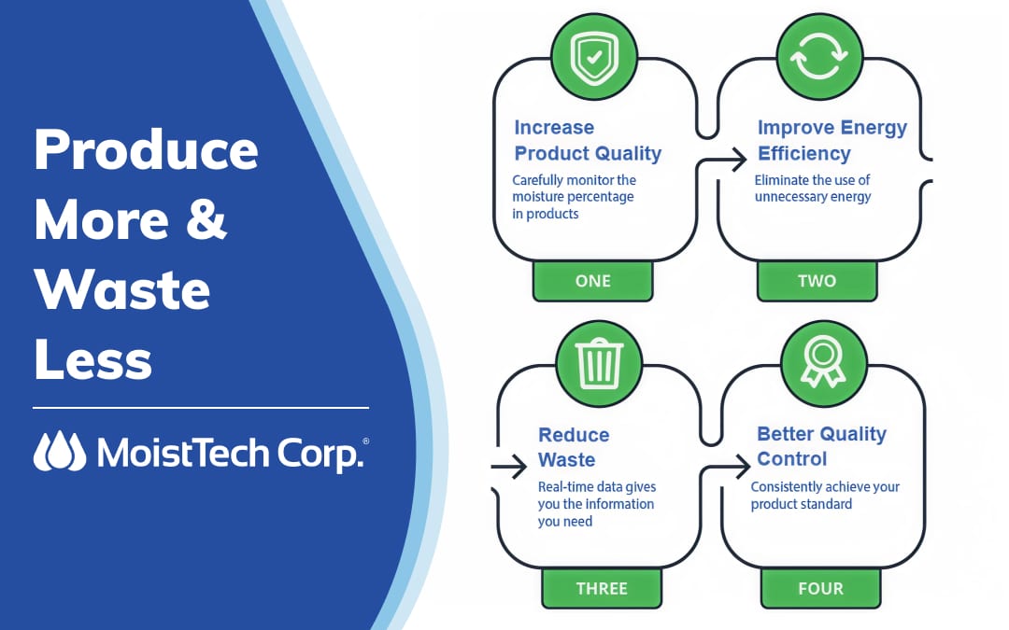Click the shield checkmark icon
(594, 57)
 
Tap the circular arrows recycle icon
(818, 57)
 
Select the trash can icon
(599, 363)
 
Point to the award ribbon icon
(823, 362)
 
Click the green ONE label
(592, 281)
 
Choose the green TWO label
(817, 281)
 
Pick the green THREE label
(602, 588)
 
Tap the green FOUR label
(820, 588)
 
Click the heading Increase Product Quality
(588, 140)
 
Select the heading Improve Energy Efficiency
(832, 140)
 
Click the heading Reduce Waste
(574, 447)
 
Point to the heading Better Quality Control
(821, 446)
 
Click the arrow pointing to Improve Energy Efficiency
(722, 159)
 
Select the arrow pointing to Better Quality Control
(725, 467)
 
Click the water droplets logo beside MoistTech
(59, 451)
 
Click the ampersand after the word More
(206, 219)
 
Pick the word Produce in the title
(146, 149)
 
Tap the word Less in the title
(92, 359)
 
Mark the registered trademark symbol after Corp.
(365, 441)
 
